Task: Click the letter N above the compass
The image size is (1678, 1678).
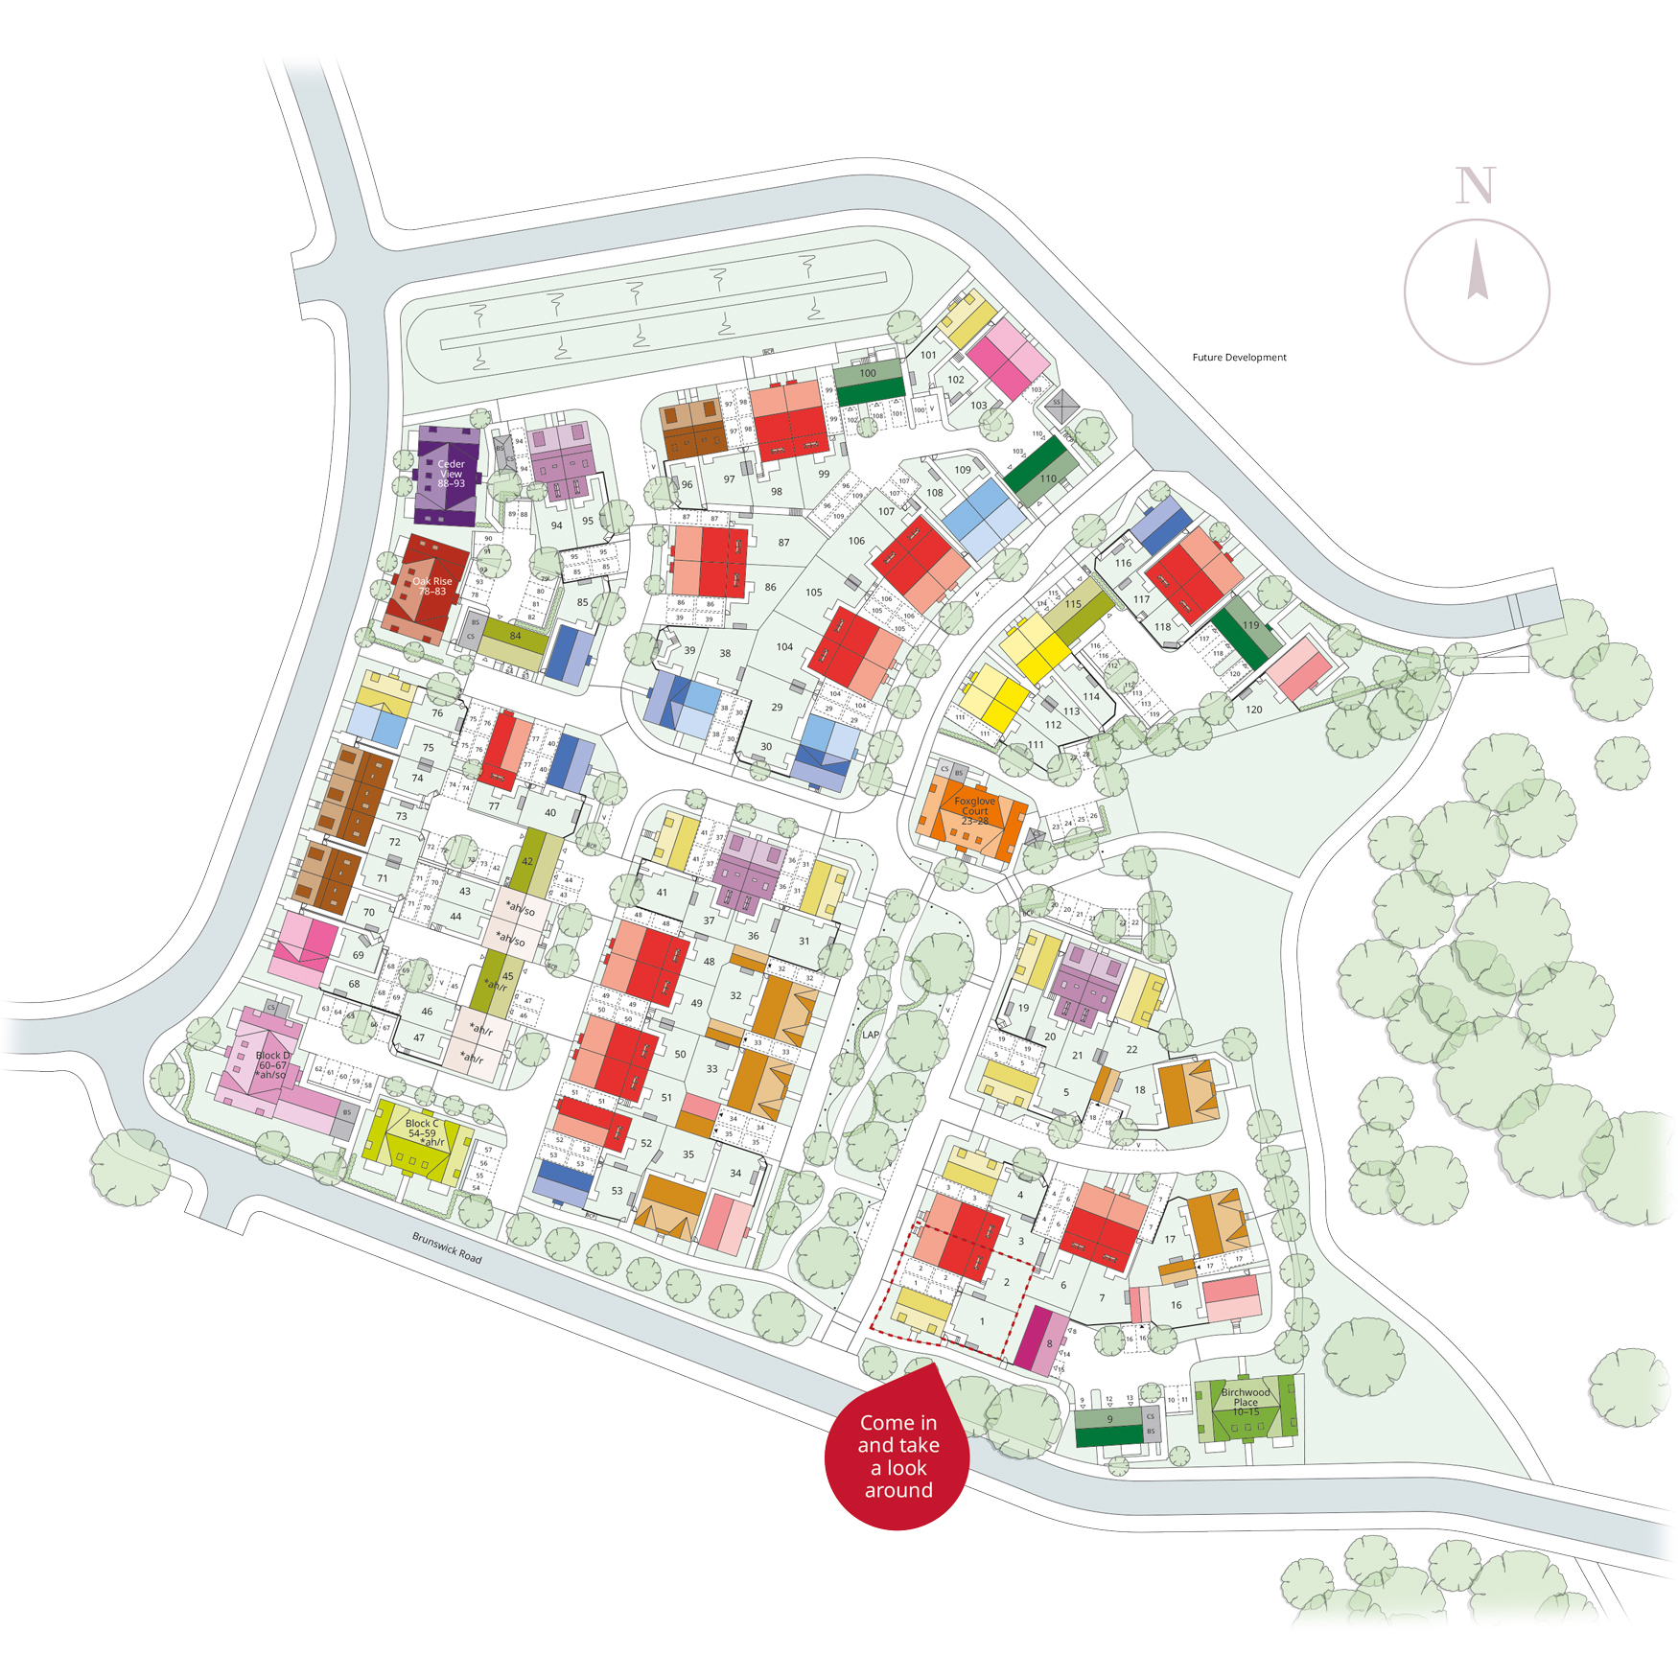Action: [x=1475, y=185]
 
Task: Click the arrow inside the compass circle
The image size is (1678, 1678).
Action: [x=1478, y=270]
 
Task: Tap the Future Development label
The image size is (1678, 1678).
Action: [x=1239, y=358]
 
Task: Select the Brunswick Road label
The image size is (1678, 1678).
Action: [x=447, y=1247]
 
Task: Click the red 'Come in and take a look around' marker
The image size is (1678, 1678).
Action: [x=897, y=1456]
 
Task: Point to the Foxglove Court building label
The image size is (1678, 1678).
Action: [x=975, y=810]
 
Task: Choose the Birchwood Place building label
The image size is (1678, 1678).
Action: [x=1246, y=1401]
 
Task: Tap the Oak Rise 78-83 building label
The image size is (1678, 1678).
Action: [x=432, y=586]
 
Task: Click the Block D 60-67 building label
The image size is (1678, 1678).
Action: [x=272, y=1064]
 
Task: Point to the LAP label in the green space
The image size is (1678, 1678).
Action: [x=871, y=1035]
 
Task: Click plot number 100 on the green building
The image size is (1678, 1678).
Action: [x=868, y=373]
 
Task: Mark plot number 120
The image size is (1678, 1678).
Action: [x=1253, y=710]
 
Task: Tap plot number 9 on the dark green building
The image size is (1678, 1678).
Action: [x=1109, y=1419]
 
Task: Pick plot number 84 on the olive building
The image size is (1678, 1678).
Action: [x=515, y=636]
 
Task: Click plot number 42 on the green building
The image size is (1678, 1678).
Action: [x=527, y=861]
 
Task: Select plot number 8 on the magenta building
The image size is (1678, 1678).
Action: [x=1050, y=1343]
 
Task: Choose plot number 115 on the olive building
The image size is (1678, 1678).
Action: [x=1073, y=604]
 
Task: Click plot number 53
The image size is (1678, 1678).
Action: [x=617, y=1191]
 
